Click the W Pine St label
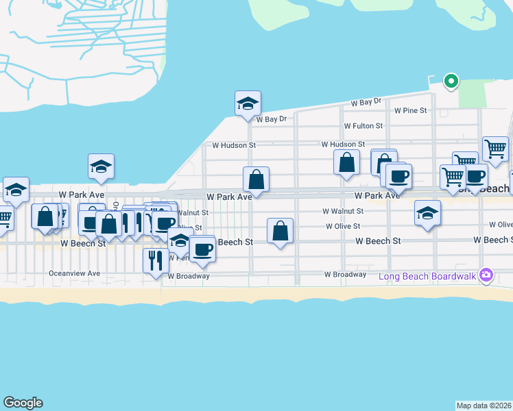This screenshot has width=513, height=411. click(410, 110)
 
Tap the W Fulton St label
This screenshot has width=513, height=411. click(363, 126)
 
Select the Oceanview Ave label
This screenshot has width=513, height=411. click(75, 273)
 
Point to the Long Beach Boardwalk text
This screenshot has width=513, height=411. click(429, 277)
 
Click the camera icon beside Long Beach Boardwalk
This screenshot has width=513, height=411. click(487, 275)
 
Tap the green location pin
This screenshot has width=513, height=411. click(451, 82)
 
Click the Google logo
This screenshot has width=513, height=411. click(23, 403)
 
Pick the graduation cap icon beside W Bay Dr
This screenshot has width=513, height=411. click(248, 103)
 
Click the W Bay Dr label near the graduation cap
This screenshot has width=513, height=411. click(271, 119)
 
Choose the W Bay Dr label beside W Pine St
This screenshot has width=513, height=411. click(366, 102)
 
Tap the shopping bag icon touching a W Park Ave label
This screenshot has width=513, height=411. click(256, 180)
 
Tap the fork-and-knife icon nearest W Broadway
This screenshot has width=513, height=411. click(155, 260)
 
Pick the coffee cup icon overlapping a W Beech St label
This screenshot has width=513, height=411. click(202, 249)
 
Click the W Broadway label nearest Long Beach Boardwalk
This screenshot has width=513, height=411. click(345, 275)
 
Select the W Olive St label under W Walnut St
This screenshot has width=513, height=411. click(343, 226)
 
